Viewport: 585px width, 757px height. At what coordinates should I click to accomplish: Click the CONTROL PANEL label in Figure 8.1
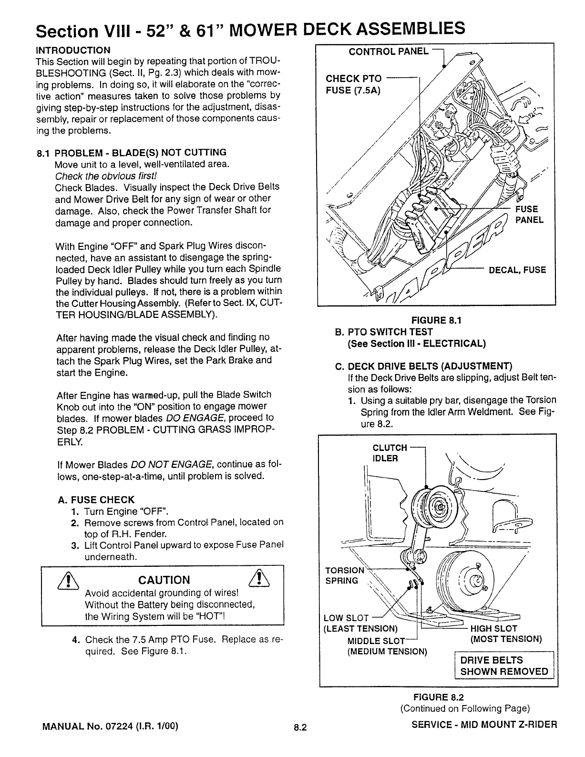pos(389,51)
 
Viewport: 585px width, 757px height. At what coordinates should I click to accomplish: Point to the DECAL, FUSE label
pos(517,270)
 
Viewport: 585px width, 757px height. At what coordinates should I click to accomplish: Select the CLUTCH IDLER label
pos(390,453)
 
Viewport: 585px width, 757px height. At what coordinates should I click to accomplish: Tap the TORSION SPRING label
pos(343,575)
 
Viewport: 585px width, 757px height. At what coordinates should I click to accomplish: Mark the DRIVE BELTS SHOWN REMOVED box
pos(503,666)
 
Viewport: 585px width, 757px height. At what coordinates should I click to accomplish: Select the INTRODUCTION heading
pos(73,50)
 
